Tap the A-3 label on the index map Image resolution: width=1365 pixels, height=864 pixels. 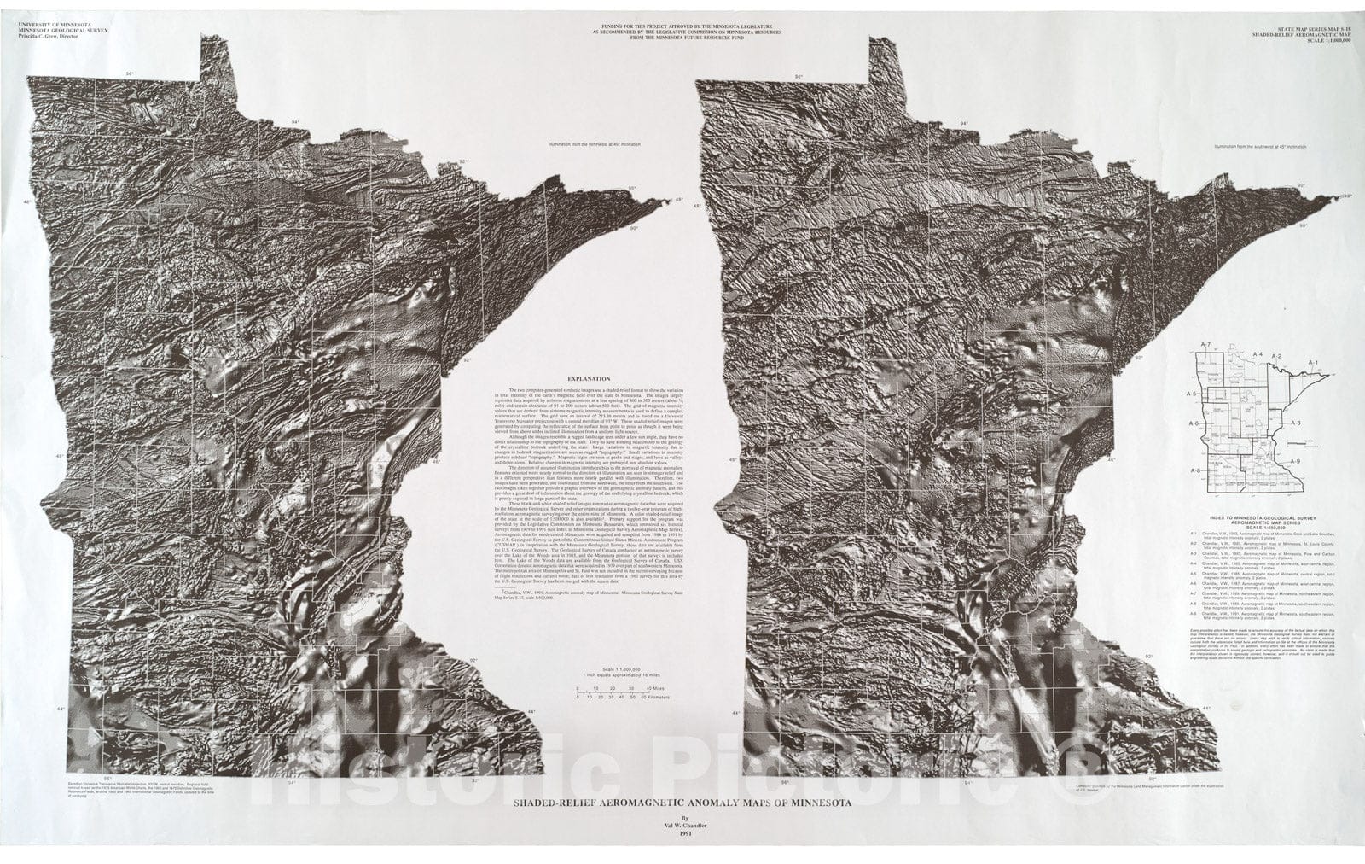[1294, 423]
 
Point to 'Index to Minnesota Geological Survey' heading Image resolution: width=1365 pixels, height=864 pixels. [1264, 519]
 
